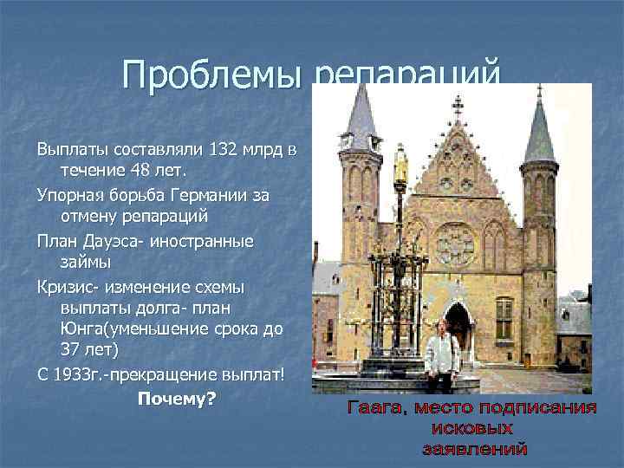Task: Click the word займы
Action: (x=87, y=263)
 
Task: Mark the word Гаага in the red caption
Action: (x=378, y=407)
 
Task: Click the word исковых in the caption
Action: (x=471, y=428)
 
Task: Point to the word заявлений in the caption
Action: (x=474, y=449)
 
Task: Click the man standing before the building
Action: (x=442, y=355)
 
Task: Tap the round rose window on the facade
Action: (x=455, y=244)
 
